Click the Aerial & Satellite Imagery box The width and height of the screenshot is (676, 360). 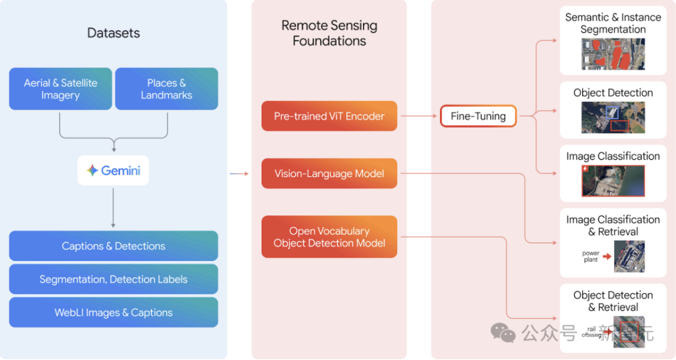coord(60,89)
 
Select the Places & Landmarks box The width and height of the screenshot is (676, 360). coord(166,89)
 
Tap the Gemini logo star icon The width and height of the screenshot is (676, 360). coord(93,170)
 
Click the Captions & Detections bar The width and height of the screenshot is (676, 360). coord(113,246)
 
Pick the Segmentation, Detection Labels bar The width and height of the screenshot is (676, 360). coord(113,279)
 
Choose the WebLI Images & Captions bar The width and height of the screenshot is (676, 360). coord(113,312)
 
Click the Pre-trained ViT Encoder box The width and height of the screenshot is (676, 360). coord(329,116)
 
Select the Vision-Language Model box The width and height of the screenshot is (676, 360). coord(329,173)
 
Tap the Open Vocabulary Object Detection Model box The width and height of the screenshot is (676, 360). coord(329,237)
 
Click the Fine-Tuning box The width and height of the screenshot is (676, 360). coord(478,116)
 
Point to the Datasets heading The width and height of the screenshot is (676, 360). coord(113,33)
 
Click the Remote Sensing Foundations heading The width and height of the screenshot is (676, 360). coord(329,33)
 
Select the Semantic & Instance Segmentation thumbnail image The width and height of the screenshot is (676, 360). coord(613,53)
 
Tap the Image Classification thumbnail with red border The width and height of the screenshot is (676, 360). coord(613,180)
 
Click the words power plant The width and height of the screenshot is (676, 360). coord(590,257)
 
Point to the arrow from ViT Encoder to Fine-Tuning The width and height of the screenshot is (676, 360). coord(419,116)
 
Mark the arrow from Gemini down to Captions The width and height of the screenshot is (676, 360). coord(113,207)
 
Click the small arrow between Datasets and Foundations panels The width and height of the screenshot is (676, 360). coord(239,173)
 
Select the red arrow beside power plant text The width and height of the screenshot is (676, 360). coord(607,256)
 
